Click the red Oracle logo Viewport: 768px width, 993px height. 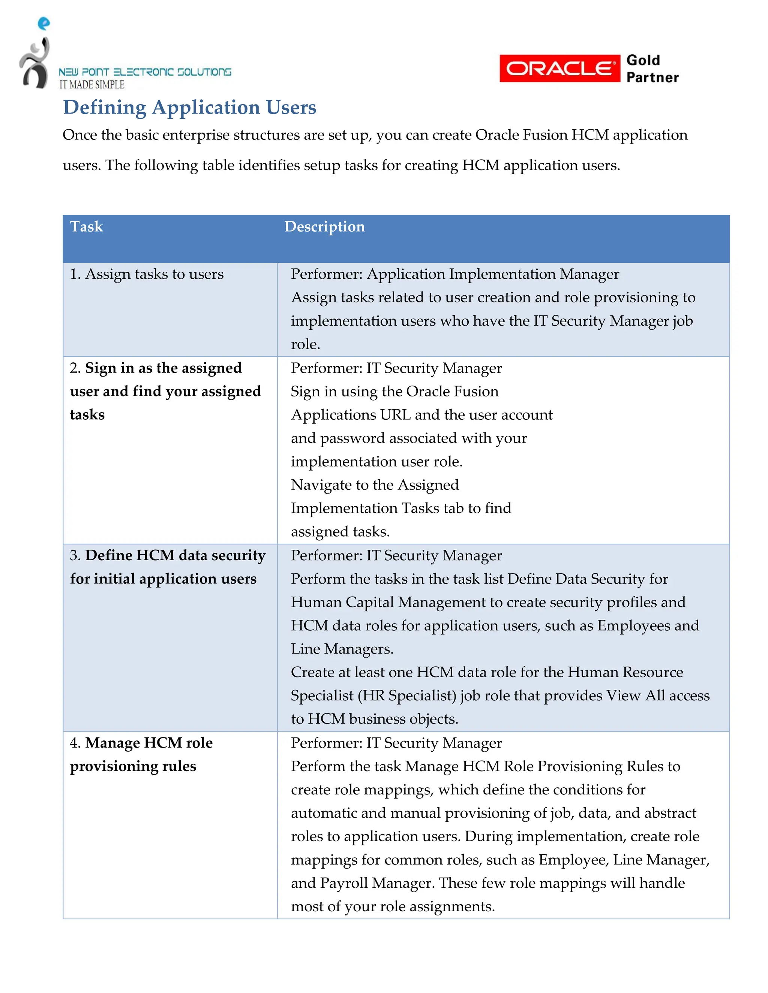(x=559, y=69)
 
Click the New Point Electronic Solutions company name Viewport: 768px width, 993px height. (x=145, y=72)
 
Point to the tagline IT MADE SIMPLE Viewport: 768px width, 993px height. (x=92, y=85)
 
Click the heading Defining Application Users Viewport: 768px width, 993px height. (x=189, y=107)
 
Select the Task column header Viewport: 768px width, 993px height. (x=87, y=226)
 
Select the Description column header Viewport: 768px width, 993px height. (x=324, y=226)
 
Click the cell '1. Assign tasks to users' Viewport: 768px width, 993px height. (x=147, y=274)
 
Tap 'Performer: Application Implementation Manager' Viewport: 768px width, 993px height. (x=454, y=274)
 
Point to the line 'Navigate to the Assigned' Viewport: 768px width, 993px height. (x=375, y=485)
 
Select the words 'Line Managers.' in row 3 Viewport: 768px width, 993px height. (x=342, y=649)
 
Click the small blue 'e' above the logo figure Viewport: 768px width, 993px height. (x=43, y=23)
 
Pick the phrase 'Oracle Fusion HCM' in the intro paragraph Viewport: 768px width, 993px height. (x=542, y=135)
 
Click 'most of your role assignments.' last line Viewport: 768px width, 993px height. (x=393, y=906)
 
